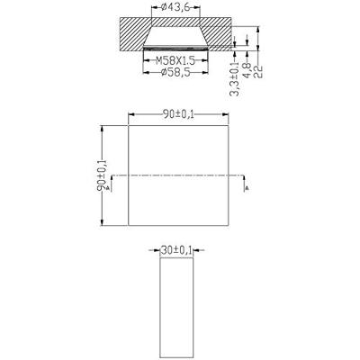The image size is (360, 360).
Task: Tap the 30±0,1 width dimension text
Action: pyautogui.click(x=175, y=253)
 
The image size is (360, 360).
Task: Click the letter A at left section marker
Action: pyautogui.click(x=108, y=190)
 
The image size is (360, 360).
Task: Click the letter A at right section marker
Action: pyautogui.click(x=245, y=190)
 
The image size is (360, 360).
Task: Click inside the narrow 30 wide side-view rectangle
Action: pyautogui.click(x=175, y=306)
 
